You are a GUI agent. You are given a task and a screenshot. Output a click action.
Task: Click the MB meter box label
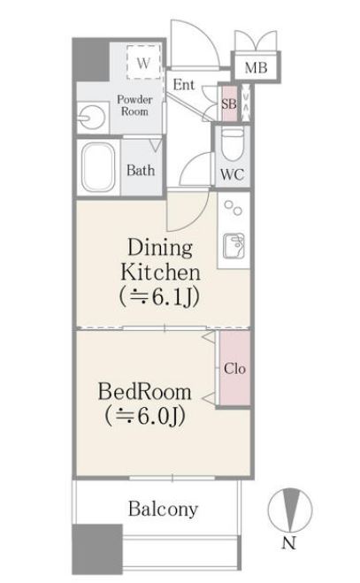(x=256, y=67)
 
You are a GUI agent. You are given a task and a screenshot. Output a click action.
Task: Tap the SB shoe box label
(x=229, y=104)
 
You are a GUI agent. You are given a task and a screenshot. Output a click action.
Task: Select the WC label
(x=232, y=174)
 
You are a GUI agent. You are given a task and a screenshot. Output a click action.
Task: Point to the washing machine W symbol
(x=143, y=62)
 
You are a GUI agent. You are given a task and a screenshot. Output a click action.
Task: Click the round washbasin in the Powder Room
(x=91, y=118)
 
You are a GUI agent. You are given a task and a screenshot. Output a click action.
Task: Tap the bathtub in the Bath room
(x=98, y=168)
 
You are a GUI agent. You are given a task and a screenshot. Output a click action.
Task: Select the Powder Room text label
(x=134, y=105)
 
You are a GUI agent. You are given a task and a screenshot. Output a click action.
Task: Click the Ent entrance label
(x=184, y=85)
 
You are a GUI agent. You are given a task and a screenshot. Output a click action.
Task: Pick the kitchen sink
(x=234, y=246)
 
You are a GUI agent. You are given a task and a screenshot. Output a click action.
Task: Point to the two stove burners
(x=234, y=208)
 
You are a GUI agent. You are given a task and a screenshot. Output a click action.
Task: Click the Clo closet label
(x=234, y=368)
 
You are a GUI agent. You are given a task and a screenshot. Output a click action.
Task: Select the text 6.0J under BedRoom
(x=161, y=416)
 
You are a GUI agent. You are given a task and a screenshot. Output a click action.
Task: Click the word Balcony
(x=163, y=509)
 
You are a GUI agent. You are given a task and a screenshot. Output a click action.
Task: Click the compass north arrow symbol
(x=290, y=510)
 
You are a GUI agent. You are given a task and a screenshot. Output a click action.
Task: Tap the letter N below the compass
(x=288, y=543)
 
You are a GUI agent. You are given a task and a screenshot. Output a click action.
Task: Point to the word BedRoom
(x=145, y=392)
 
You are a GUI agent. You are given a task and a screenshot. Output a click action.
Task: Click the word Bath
(x=141, y=170)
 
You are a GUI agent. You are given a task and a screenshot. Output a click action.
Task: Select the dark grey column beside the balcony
(x=97, y=549)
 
